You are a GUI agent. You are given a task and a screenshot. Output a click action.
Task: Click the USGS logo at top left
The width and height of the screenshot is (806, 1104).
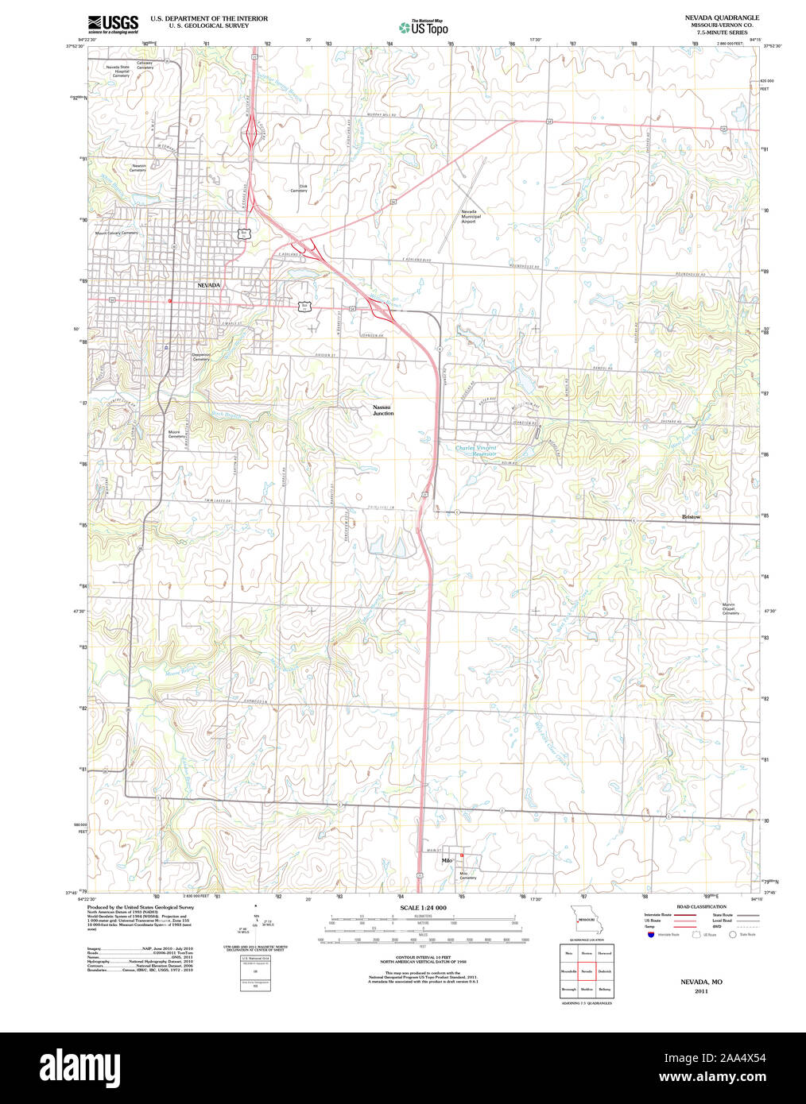tap(113, 23)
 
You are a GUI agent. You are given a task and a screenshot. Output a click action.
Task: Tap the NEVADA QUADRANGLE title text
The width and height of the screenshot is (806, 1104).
tap(722, 17)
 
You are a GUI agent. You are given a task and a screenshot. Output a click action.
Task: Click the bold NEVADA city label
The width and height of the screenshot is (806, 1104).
tap(208, 284)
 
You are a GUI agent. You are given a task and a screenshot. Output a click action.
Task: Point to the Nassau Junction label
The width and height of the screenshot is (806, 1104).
tap(383, 411)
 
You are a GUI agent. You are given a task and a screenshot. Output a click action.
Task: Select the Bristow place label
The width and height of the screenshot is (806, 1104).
tap(691, 517)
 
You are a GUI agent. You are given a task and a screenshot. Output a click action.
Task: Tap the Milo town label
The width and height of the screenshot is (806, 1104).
tap(446, 860)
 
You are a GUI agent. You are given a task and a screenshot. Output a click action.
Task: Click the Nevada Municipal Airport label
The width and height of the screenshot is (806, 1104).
tap(471, 217)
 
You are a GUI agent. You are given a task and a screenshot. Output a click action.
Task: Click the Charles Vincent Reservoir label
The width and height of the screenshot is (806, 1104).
tap(475, 450)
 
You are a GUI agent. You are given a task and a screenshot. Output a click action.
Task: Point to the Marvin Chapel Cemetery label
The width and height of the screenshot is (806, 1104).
tap(730, 609)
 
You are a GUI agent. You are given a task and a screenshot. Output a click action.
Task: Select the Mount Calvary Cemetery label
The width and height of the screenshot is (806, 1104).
tap(116, 234)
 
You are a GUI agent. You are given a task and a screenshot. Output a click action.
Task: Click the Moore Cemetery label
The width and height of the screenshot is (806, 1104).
tap(176, 434)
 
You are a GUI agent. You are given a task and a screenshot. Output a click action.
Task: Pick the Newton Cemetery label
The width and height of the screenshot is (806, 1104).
tap(138, 168)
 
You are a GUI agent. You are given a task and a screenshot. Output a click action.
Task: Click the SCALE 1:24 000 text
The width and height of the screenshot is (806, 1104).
tap(423, 908)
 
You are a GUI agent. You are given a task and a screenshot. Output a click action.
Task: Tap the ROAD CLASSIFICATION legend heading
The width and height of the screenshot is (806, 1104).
tap(701, 907)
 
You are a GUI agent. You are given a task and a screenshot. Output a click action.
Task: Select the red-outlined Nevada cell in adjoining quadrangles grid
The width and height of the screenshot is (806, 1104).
tap(587, 971)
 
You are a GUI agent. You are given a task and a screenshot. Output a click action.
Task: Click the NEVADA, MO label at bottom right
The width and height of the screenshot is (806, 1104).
tap(701, 982)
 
